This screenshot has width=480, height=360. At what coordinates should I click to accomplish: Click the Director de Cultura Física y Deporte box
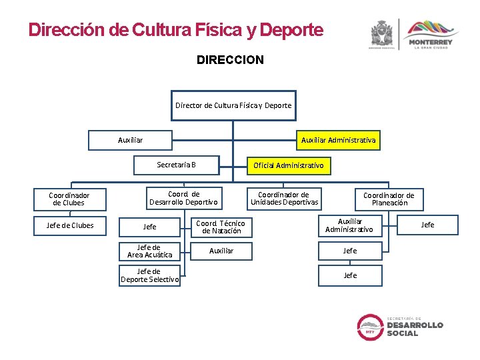point(233,105)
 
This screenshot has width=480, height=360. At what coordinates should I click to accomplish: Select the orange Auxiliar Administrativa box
point(338,140)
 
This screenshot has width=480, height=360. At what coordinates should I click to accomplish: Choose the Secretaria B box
point(177,165)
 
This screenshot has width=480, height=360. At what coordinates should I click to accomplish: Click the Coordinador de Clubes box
point(69,199)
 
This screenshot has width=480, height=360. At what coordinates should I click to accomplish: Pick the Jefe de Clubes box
point(69,225)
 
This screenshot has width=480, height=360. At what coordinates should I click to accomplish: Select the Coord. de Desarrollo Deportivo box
point(183,198)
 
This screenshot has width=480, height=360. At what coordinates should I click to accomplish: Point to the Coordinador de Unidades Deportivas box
point(285,198)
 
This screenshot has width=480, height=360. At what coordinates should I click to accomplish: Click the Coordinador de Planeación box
point(389,199)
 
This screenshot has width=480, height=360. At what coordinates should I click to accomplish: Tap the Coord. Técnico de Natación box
point(220,227)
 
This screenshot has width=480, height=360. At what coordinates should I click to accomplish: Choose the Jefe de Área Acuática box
point(149,251)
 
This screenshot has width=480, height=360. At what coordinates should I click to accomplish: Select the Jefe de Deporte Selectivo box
point(149,275)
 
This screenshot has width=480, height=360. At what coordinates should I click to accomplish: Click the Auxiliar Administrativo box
point(349,225)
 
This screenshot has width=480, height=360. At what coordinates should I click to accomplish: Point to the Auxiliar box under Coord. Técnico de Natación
point(221,251)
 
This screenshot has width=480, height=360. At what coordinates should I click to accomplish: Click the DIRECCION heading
point(230,60)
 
